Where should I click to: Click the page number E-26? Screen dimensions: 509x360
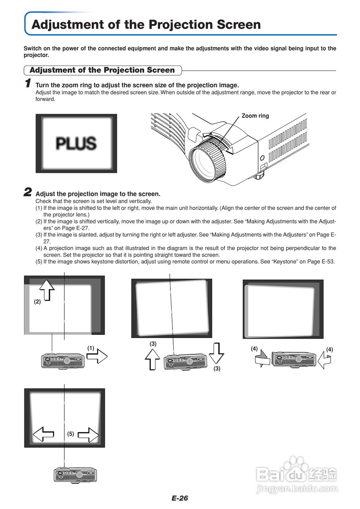180,498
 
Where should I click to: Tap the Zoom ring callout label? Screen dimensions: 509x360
255,116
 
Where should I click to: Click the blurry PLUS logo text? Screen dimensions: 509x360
76,143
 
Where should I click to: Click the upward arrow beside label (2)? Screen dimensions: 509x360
47,288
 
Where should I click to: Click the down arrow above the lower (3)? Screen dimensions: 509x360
216,352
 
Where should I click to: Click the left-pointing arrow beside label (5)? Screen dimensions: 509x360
43,434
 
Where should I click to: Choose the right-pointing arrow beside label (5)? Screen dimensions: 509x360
88,434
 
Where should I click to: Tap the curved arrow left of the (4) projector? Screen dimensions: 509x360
262,359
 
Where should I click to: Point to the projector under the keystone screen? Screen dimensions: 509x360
75,474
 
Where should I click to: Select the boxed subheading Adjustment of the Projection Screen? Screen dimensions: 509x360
102,70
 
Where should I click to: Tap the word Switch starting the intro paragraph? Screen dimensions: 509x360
33,49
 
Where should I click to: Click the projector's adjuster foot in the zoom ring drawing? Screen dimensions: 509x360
260,174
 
